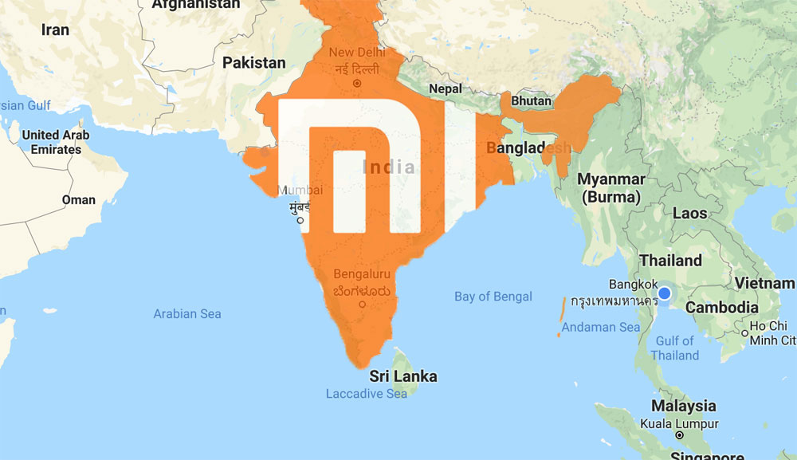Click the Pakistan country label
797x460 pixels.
pos(253,62)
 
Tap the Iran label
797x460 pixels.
pos(55,29)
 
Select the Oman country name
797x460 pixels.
pos(79,199)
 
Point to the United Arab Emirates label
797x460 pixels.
pos(56,142)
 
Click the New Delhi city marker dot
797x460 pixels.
pos(357,82)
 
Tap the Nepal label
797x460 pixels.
pos(445,88)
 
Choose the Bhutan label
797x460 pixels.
pos(531,101)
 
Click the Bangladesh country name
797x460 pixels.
pos(528,148)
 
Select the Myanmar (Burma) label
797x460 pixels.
pos(611,187)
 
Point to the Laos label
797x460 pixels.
pos(690,213)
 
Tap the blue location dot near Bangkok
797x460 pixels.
pos(665,294)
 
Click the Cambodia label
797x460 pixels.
pos(721,308)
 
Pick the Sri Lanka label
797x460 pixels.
pos(402,375)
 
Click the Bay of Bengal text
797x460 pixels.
pos(493,297)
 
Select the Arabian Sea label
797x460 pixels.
pos(187,314)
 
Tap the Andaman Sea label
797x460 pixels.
pos(600,327)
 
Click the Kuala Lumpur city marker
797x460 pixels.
pos(678,435)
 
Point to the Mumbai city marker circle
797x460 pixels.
pos(300,220)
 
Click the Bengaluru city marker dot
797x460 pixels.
pos(363,304)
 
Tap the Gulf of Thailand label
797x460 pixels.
pos(674,348)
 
